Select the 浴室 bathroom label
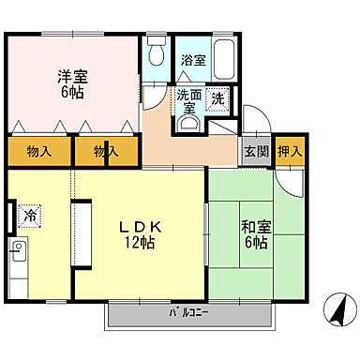(x=193, y=59)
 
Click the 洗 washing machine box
(x=217, y=98)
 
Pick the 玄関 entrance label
(x=257, y=150)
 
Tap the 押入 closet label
(x=290, y=150)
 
